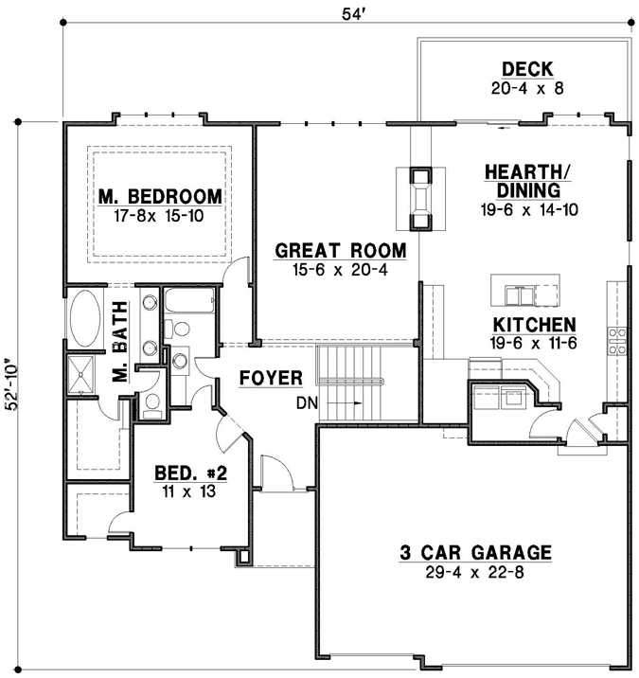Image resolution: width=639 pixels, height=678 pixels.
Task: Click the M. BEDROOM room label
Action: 160,197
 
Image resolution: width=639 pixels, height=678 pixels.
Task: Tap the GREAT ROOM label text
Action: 341,251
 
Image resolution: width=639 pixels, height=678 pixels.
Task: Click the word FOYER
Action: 271,379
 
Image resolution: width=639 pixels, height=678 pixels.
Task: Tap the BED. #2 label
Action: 191,472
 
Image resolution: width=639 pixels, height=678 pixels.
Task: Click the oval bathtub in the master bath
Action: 84,321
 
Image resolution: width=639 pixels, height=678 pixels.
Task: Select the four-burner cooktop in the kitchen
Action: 619,340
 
